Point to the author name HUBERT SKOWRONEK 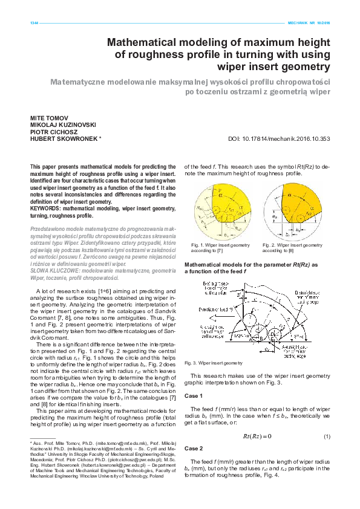point(63,139)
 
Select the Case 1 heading point(194,395)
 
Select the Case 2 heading point(194,449)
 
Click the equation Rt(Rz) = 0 point(257,436)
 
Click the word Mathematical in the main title point(143,42)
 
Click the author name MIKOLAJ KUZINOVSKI point(64,125)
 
